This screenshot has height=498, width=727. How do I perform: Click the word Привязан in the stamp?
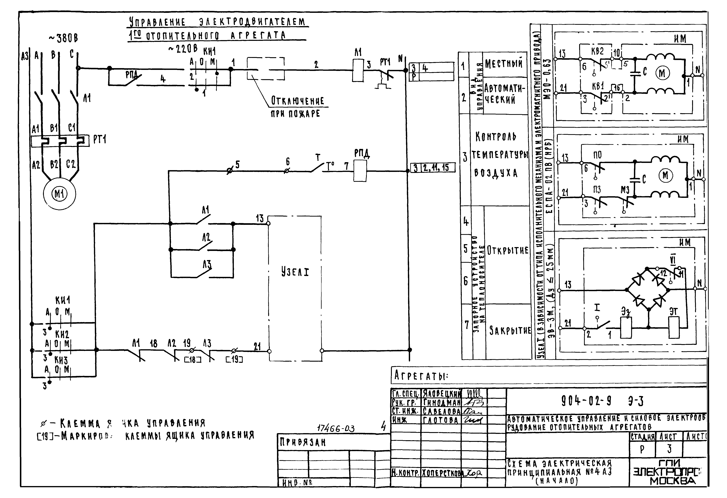pos(302,442)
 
